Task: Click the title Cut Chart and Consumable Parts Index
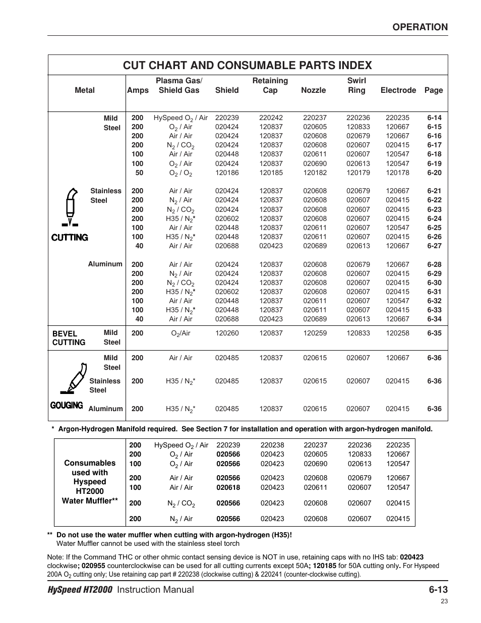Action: point(247,65)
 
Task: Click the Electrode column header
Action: point(398,90)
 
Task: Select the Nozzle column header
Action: point(313,90)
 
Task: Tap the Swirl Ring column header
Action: point(356,85)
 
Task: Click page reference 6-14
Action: point(434,118)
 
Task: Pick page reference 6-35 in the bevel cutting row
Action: point(434,333)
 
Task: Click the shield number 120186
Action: point(227,173)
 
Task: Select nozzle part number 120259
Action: point(315,333)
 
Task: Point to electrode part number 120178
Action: point(397,173)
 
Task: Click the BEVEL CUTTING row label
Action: point(69,338)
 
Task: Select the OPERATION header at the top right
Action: point(420,27)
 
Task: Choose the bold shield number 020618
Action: point(228,487)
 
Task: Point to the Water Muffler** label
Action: point(89,500)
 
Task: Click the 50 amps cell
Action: point(139,173)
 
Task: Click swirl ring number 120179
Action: point(358,173)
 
